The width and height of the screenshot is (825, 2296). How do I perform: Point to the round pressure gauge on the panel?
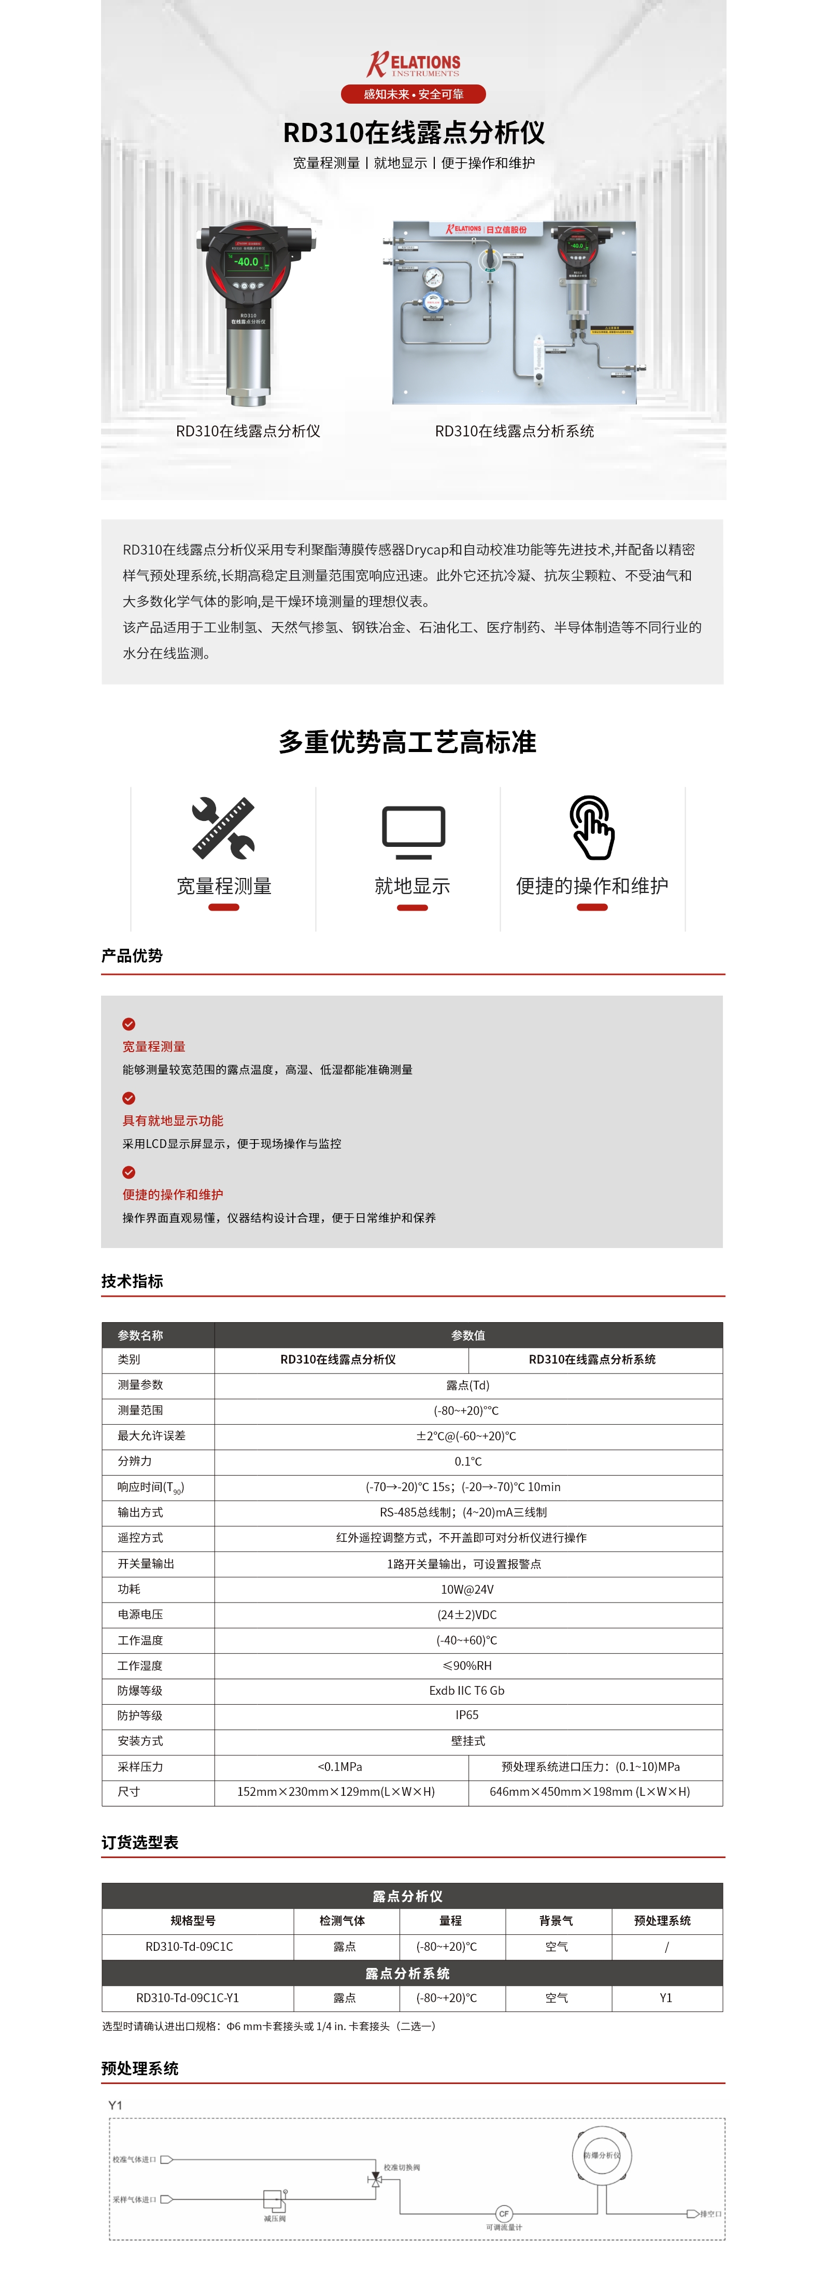[433, 277]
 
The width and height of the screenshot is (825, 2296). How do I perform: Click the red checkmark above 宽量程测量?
[129, 1024]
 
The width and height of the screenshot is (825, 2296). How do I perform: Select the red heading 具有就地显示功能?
[173, 1121]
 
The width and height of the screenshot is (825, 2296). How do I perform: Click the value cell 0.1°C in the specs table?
[468, 1461]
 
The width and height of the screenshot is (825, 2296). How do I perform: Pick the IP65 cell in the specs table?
[468, 1715]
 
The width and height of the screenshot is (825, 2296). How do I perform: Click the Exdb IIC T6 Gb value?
[468, 1690]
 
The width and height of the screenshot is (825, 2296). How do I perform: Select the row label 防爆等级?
[140, 1690]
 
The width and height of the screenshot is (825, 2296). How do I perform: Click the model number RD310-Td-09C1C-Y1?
[188, 1997]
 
